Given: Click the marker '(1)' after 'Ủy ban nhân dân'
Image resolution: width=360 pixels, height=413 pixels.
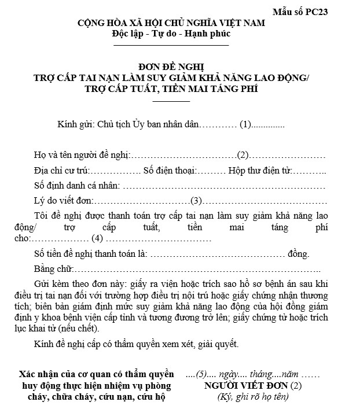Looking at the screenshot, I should pyautogui.click(x=246, y=124).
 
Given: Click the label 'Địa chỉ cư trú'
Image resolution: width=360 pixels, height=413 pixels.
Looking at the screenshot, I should pyautogui.click(x=59, y=171).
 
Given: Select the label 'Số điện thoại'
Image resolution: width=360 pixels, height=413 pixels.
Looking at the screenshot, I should pyautogui.click(x=168, y=171).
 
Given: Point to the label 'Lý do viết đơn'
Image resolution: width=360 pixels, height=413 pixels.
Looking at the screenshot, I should pyautogui.click(x=63, y=201).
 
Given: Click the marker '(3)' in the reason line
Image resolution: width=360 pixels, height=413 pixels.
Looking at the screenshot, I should pyautogui.click(x=197, y=201).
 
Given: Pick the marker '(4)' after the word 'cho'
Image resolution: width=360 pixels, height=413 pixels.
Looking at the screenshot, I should pyautogui.click(x=97, y=238).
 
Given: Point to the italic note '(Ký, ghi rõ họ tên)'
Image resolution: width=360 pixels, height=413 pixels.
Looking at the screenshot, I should pyautogui.click(x=253, y=397).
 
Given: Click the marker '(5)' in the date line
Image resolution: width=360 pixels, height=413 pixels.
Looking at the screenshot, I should pyautogui.click(x=202, y=374).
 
